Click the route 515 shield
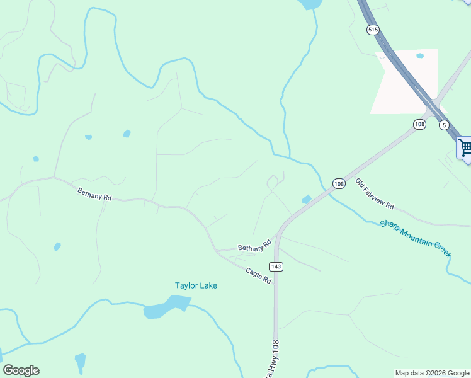click(373, 30)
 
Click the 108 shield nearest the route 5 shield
click(419, 124)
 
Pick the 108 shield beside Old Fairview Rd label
click(339, 183)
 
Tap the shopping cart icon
click(465, 148)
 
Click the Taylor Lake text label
click(196, 285)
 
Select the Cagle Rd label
click(259, 275)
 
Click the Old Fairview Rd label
click(375, 194)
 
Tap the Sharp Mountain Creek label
click(416, 238)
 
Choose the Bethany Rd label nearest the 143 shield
click(254, 246)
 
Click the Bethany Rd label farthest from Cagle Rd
click(94, 194)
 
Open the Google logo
click(21, 370)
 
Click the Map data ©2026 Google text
click(432, 373)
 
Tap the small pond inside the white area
click(420, 55)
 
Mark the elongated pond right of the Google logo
click(80, 362)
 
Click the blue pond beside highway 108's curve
click(307, 200)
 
